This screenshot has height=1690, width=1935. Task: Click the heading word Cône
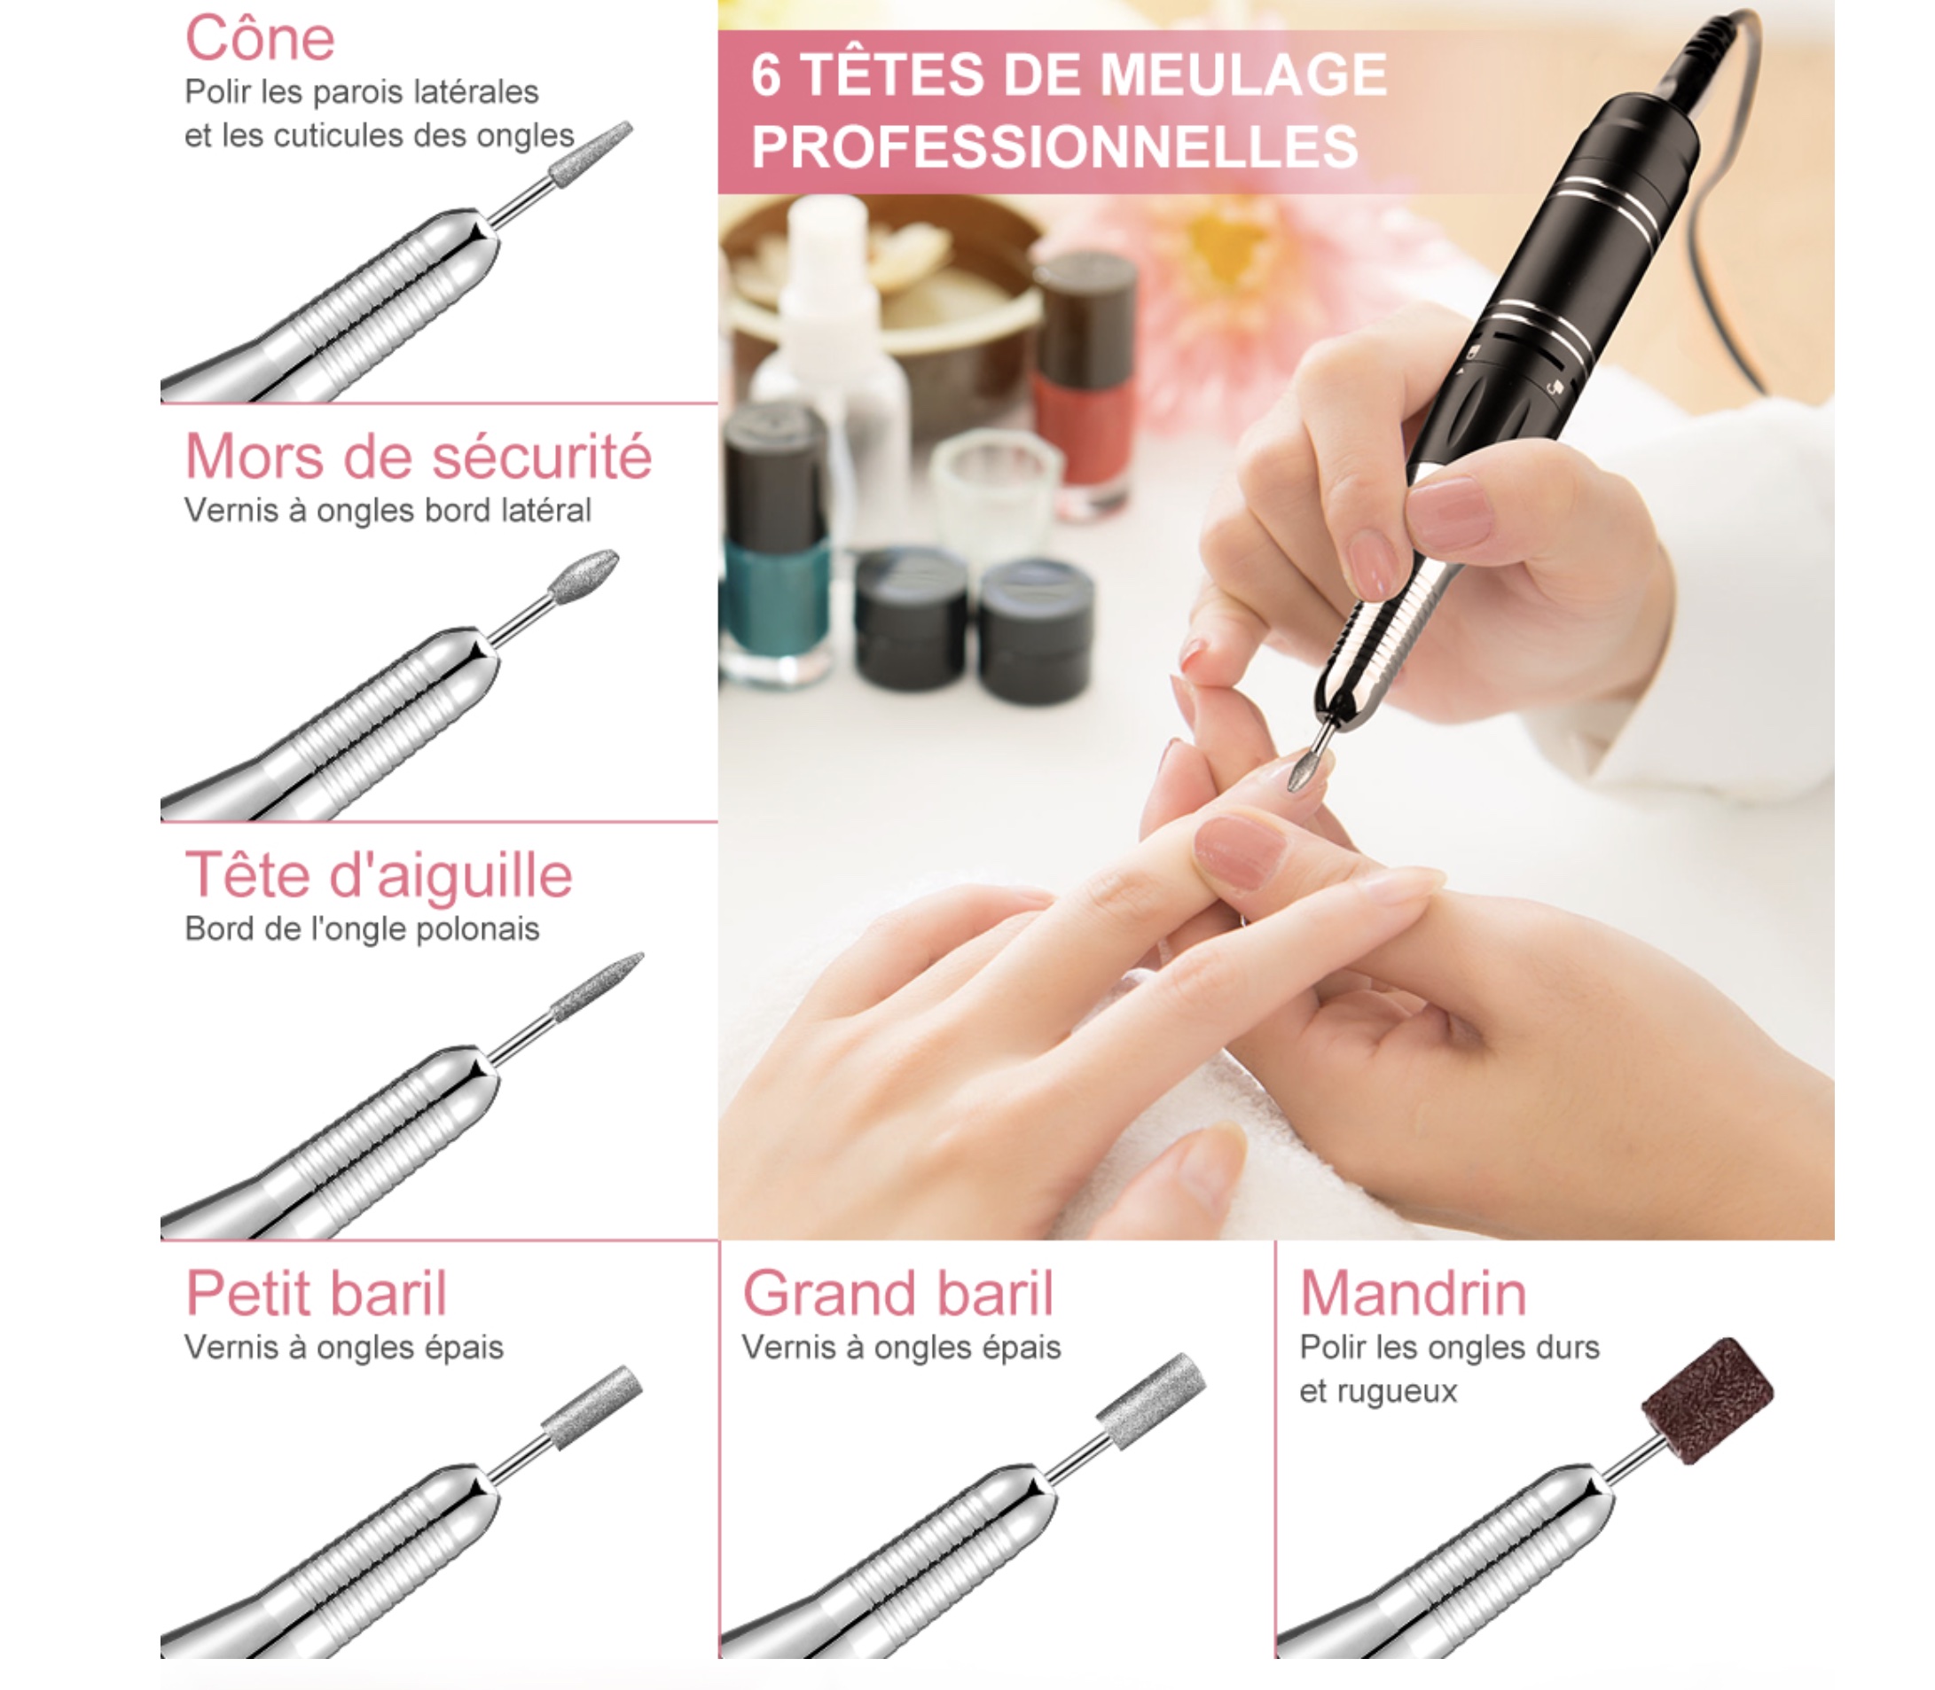pos(259,40)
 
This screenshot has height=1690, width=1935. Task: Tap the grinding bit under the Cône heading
pos(591,153)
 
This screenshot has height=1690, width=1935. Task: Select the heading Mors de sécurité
pos(418,457)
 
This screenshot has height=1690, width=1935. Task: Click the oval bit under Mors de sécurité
pos(584,576)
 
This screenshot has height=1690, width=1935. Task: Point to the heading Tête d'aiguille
pos(378,876)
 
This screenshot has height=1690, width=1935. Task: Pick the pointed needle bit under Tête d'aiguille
pos(597,988)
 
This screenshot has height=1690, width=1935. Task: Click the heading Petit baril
pos(316,1293)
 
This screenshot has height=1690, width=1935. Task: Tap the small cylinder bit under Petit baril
pos(592,1407)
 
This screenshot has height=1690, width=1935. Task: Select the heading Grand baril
pos(897,1293)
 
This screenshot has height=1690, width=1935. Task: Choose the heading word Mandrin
pos(1413,1293)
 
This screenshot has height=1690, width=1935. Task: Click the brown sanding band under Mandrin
pos(1708,1400)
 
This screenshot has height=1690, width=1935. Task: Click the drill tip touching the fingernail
pos(1305,769)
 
